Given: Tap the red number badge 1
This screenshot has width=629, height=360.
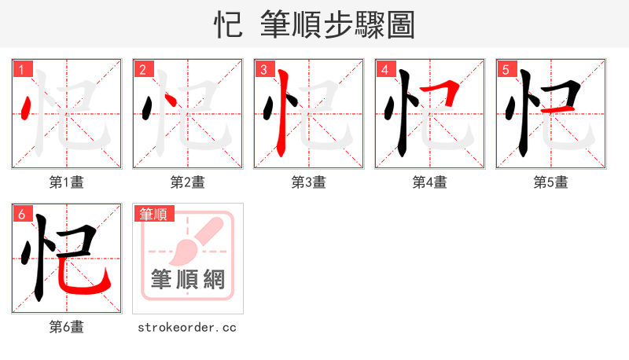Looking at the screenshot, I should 22,70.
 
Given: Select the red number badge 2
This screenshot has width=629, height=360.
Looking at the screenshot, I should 143,70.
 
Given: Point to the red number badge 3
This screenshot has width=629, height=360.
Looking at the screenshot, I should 264,70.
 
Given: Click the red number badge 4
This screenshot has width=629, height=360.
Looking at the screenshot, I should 385,70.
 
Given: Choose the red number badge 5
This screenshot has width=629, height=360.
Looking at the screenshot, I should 506,70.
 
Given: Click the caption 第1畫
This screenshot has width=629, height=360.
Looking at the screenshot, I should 67,182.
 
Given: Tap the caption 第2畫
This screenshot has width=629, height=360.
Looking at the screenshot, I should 188,182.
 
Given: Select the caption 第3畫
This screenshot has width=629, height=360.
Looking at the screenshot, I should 309,182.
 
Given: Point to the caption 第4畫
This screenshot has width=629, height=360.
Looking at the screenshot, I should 430,182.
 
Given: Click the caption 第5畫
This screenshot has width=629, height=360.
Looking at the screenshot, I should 551,182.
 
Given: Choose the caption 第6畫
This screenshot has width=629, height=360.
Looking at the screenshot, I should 67,327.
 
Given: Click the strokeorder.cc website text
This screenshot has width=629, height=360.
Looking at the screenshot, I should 187,327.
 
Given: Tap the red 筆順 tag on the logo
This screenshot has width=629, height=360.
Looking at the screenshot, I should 154,214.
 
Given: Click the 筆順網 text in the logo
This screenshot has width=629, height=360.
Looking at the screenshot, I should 188,280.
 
